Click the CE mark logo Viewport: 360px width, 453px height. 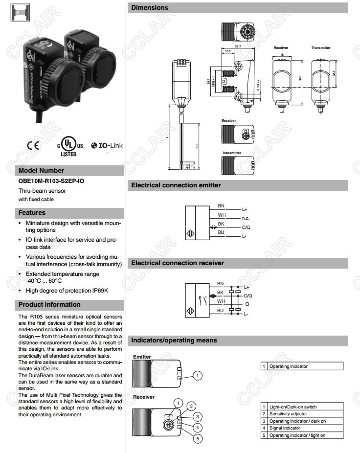pos(34,145)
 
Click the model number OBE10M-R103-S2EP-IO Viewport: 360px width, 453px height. pos(51,181)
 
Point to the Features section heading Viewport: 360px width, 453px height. pos(32,213)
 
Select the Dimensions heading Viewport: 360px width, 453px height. pos(150,8)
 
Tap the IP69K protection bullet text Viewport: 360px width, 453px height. pos(67,291)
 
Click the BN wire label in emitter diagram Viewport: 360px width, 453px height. pos(221,206)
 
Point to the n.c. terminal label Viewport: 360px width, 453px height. pos(246,218)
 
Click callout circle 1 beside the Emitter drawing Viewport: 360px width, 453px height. pos(197,376)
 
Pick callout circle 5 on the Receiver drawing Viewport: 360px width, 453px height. pos(198,439)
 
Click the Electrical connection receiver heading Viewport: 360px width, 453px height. pos(178,263)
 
